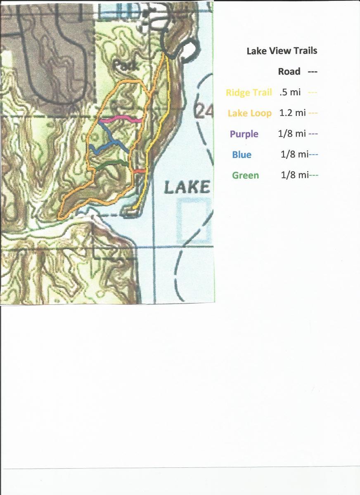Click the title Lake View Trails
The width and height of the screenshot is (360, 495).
(x=282, y=51)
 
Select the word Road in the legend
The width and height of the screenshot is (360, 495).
(x=289, y=71)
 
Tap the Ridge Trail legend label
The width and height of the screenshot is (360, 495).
(x=249, y=92)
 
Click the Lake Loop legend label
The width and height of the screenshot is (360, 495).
(x=249, y=113)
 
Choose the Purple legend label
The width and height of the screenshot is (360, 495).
(x=244, y=134)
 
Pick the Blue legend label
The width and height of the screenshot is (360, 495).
(x=242, y=155)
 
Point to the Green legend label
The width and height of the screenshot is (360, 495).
(x=245, y=175)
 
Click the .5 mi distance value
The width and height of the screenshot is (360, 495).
(x=290, y=92)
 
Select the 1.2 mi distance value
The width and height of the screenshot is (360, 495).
(x=292, y=113)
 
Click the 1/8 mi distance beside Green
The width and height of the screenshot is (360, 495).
(x=294, y=175)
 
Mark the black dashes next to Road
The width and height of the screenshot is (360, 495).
(x=312, y=72)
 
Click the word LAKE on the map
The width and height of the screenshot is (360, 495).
(x=187, y=187)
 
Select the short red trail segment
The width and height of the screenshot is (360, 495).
(x=139, y=171)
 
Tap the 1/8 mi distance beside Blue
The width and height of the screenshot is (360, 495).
(x=294, y=154)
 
